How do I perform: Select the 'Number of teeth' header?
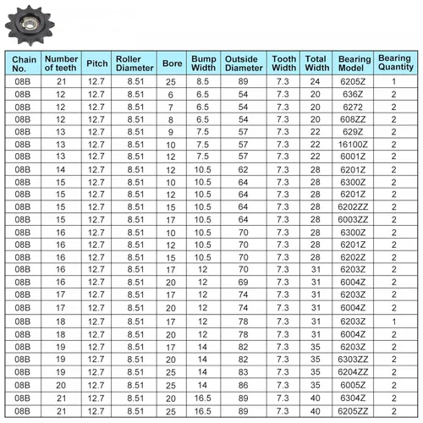pos(61,63)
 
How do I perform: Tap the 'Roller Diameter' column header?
pos(135,63)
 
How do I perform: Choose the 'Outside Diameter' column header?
pos(243,63)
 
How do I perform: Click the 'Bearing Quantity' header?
pos(394,63)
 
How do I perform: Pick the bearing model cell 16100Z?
pos(353,145)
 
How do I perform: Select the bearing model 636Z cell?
pos(353,95)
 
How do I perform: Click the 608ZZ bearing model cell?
pos(353,120)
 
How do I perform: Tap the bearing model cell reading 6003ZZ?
pos(353,220)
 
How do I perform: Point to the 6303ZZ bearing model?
pos(353,358)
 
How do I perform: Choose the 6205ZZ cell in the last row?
pos(353,410)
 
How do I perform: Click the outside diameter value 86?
pos(243,384)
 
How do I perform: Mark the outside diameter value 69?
pos(243,283)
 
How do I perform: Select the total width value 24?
pos(317,82)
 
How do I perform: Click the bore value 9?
pos(171,132)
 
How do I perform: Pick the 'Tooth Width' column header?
pos(283,63)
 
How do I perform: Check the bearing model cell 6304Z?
pos(353,397)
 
